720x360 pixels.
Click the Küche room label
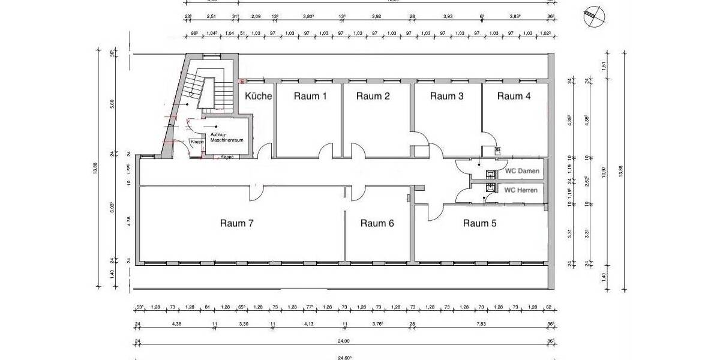coord(259,96)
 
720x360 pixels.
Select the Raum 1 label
coord(310,96)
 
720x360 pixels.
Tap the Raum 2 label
coord(373,96)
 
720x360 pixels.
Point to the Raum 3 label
coord(447,96)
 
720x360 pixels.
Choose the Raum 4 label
coord(514,96)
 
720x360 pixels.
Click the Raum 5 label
coord(479,223)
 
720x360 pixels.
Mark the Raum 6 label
coord(377,223)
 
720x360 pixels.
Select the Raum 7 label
coord(237,223)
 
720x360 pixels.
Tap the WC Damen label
coord(521,172)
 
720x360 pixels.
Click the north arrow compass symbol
coord(592,16)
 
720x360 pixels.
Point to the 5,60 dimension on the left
coord(112,103)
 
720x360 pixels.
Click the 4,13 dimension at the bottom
coord(308,325)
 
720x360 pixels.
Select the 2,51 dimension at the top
coord(211,17)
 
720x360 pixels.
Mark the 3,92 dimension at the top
coord(376,17)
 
